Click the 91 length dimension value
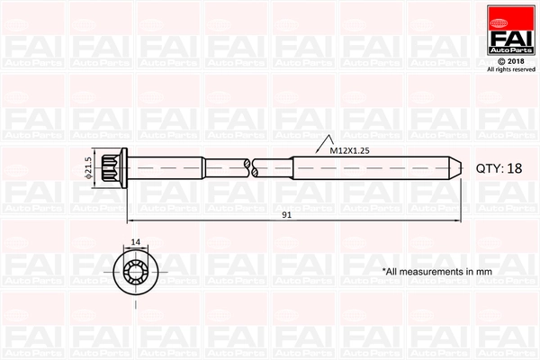click(286, 214)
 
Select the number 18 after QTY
click(514, 168)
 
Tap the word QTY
click(488, 168)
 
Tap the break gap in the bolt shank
click(249, 167)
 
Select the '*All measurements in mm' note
click(438, 271)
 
